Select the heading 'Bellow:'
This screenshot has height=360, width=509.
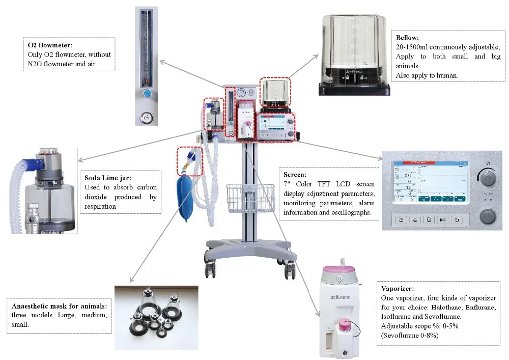coord(407,38)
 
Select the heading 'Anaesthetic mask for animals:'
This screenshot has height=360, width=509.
coord(59,306)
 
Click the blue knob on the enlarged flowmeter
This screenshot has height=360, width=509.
coord(147,94)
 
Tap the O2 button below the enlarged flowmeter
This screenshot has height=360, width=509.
coord(147,118)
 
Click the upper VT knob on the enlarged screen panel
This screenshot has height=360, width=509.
coord(488,178)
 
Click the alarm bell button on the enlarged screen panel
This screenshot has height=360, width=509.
coord(402,220)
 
